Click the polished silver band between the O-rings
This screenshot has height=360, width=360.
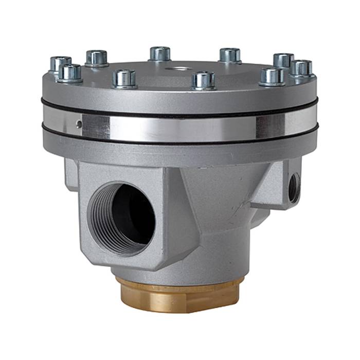click(x=180, y=126)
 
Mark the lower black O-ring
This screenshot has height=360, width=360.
click(x=180, y=141)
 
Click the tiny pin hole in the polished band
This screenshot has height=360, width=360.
click(x=78, y=123)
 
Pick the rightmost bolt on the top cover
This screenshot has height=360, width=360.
click(x=301, y=68)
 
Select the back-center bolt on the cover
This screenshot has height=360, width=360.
click(x=160, y=53)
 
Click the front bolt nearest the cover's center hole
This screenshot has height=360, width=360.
click(x=204, y=80)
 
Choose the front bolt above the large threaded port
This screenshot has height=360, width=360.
click(x=124, y=79)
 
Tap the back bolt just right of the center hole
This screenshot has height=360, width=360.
click(x=229, y=55)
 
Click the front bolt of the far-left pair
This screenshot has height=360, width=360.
click(x=69, y=73)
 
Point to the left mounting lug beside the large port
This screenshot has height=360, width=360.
click(x=71, y=175)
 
